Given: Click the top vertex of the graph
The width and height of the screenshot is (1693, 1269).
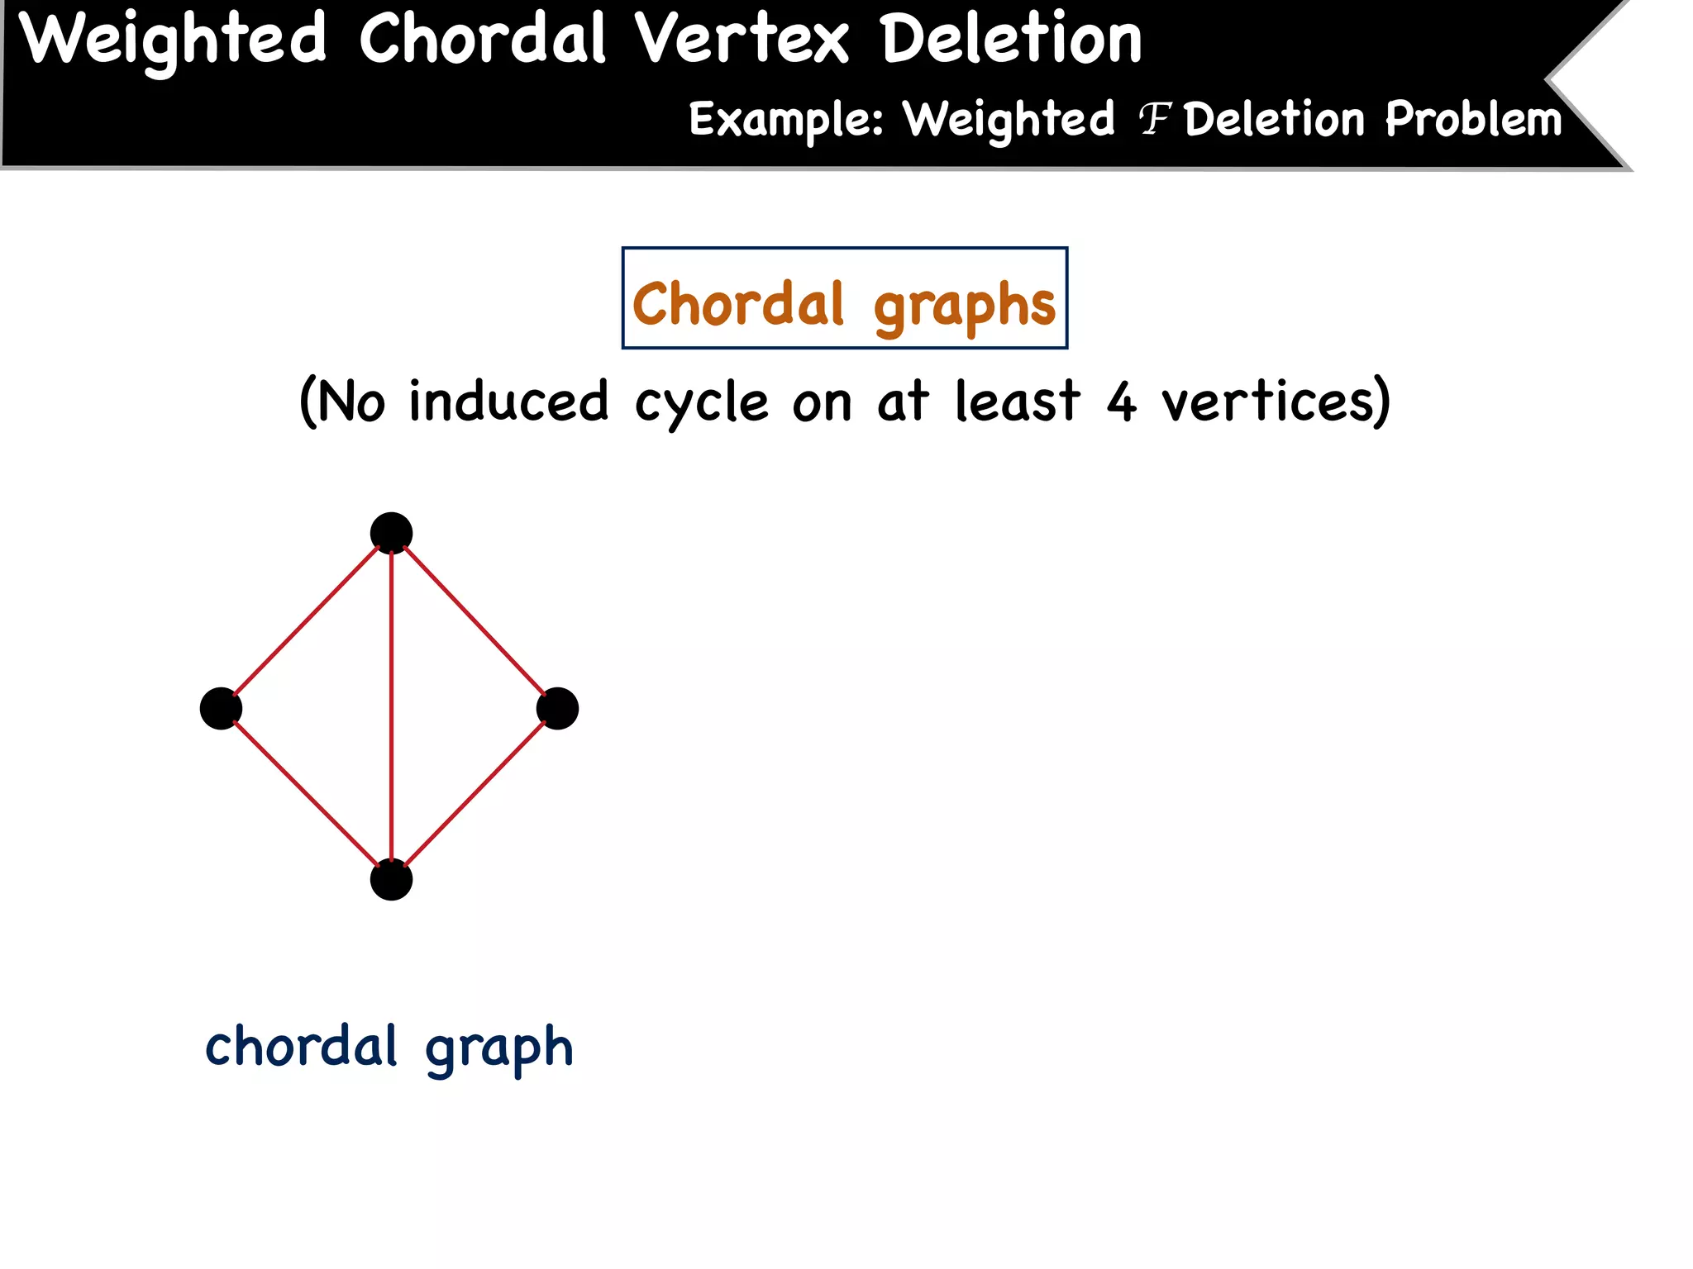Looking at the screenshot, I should [x=391, y=533].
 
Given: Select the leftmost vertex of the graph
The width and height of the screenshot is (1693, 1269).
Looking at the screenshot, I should [x=221, y=708].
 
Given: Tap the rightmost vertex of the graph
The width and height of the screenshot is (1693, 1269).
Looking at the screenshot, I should [x=557, y=708].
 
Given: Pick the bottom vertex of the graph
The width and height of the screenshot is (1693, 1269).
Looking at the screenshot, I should [x=391, y=879].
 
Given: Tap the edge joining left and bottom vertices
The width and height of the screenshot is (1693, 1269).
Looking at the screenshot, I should [x=306, y=794].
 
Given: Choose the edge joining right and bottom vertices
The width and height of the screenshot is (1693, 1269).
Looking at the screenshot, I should [x=475, y=794].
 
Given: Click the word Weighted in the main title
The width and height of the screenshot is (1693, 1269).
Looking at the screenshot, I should [x=174, y=40].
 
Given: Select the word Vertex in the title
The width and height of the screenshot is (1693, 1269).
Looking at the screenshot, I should [x=742, y=40].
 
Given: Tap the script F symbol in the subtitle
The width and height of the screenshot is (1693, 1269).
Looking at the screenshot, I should [x=1154, y=120].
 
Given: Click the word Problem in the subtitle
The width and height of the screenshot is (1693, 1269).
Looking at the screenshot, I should [x=1474, y=119].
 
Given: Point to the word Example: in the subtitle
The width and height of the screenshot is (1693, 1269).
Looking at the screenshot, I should [x=786, y=121].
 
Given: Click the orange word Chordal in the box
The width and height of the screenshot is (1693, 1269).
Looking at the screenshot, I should [x=738, y=303].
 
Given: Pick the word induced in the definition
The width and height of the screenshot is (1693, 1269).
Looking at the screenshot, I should [x=508, y=402].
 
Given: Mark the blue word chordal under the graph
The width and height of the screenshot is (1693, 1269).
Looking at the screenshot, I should [x=302, y=1047].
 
